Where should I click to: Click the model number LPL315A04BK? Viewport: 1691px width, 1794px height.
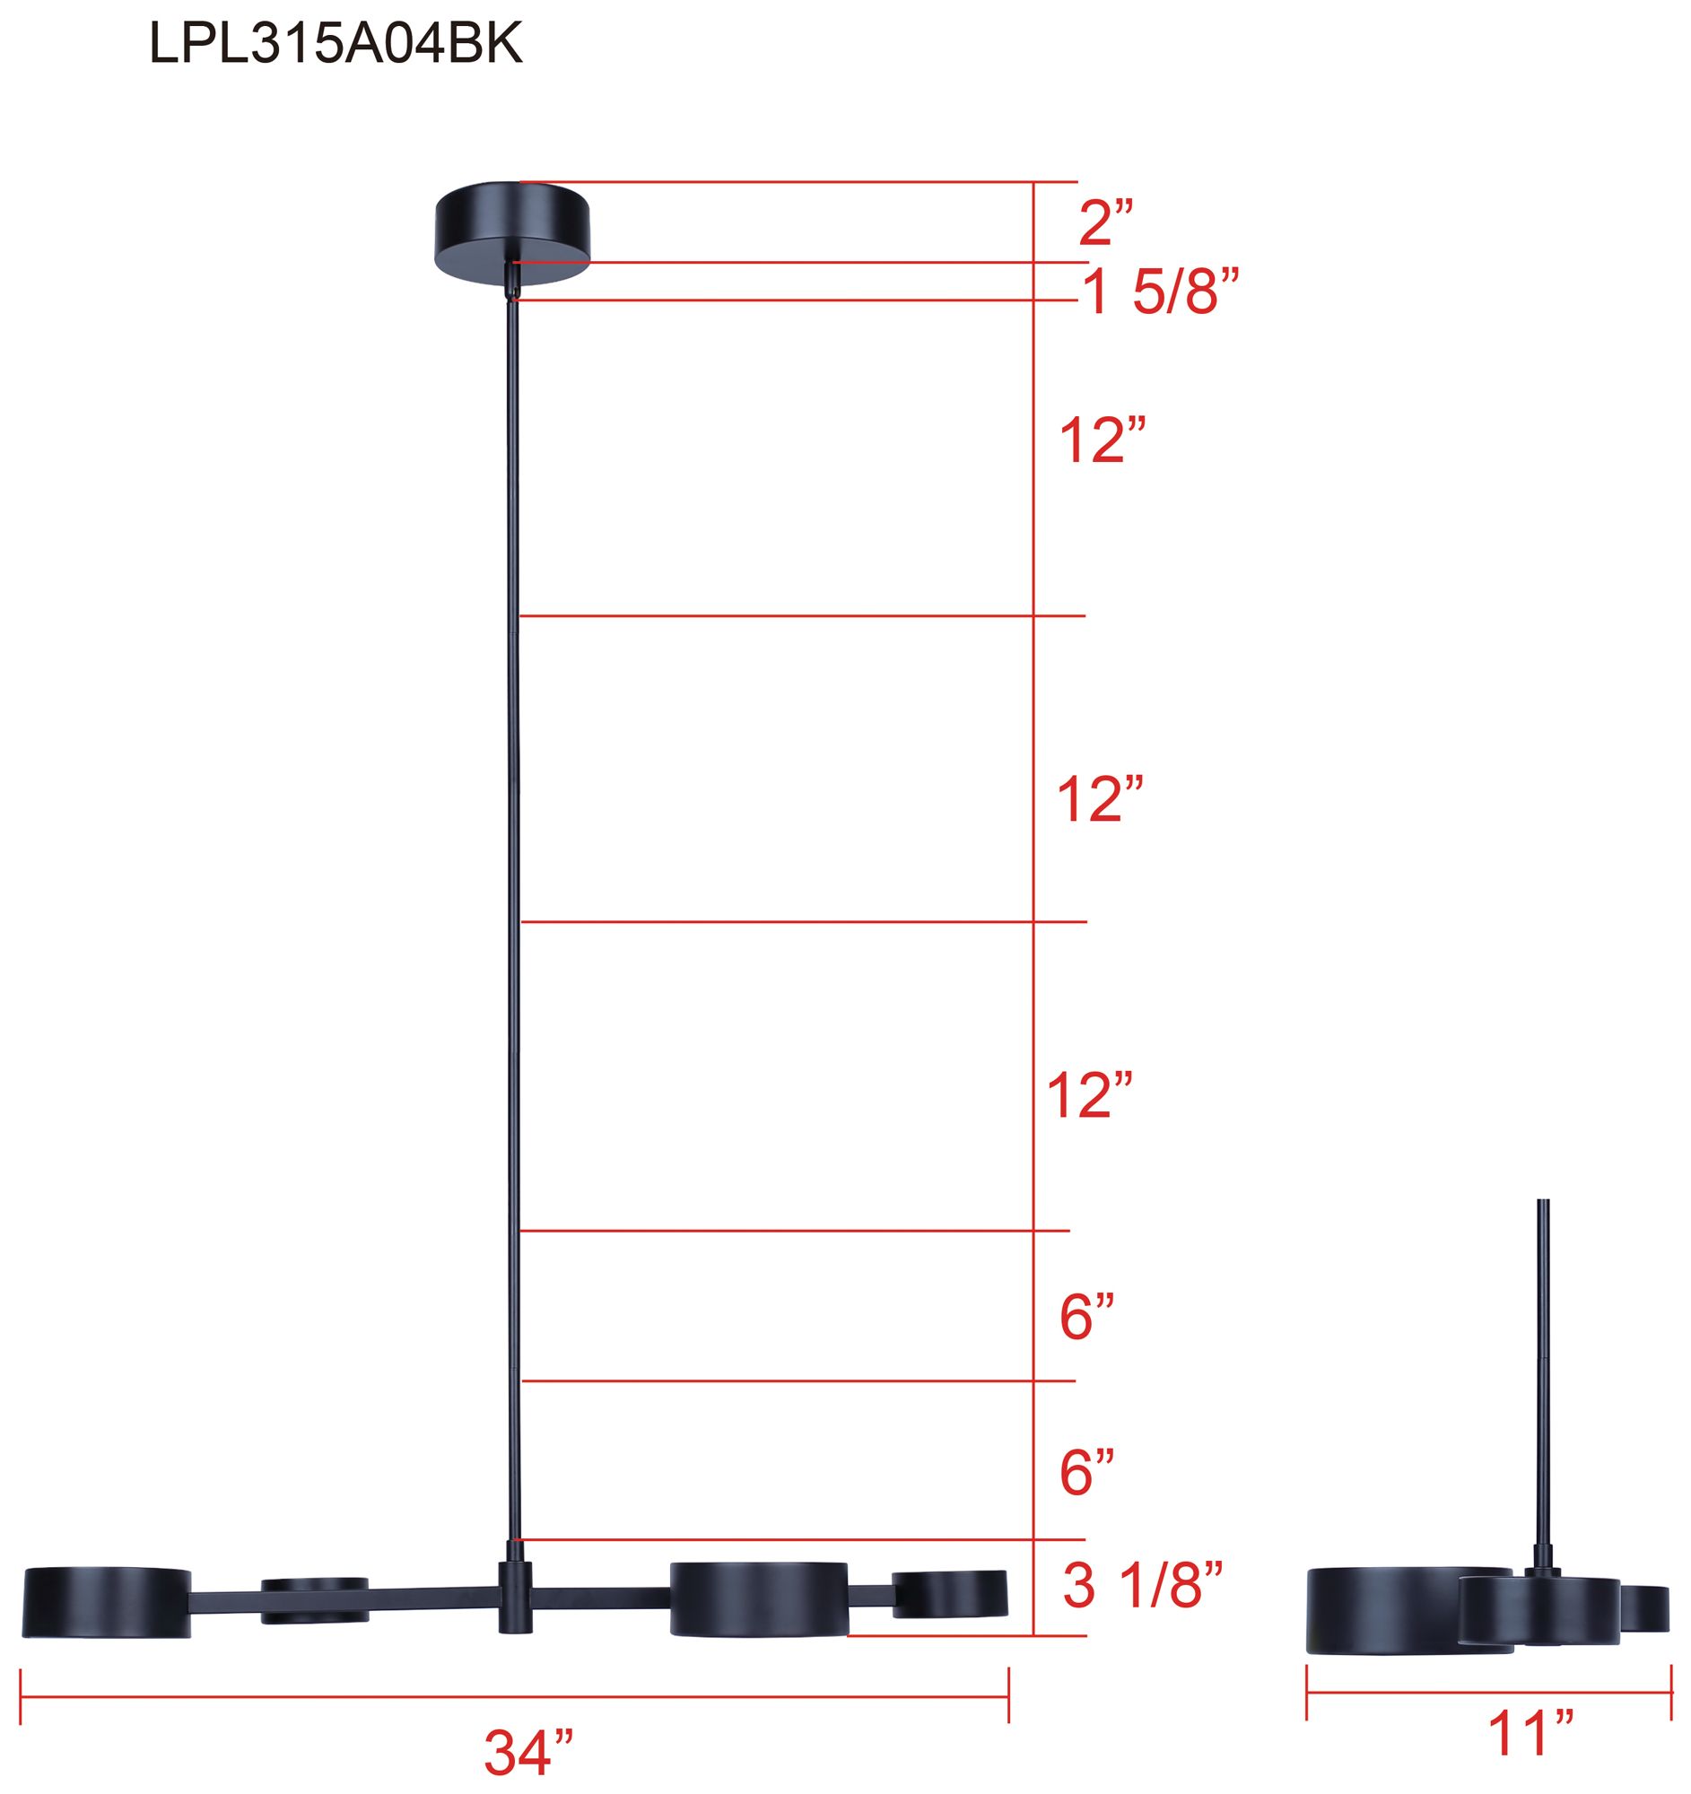pyautogui.click(x=336, y=43)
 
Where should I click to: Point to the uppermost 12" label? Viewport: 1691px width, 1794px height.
pyautogui.click(x=1103, y=440)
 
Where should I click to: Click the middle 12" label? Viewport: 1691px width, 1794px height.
pyautogui.click(x=1101, y=798)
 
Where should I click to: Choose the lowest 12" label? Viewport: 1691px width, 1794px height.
pyautogui.click(x=1089, y=1095)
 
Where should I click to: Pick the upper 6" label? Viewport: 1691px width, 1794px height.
pyautogui.click(x=1087, y=1318)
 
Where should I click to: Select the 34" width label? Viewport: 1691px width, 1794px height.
pyautogui.click(x=528, y=1753)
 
